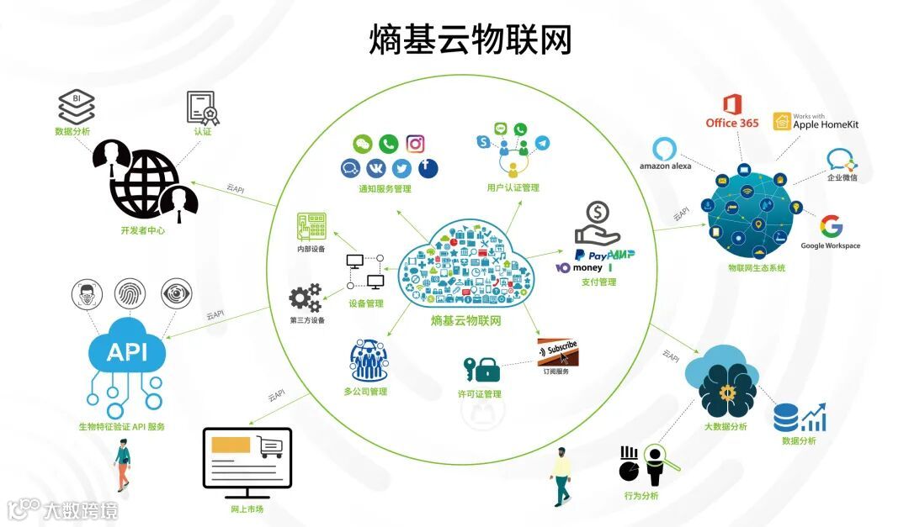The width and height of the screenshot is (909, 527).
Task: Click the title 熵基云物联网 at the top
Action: click(470, 40)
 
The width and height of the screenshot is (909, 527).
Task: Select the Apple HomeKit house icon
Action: click(782, 122)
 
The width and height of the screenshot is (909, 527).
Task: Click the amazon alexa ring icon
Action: click(665, 148)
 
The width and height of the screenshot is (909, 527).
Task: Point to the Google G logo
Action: click(831, 227)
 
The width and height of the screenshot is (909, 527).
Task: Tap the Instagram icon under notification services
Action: click(415, 144)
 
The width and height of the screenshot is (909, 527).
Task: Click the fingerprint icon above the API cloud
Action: click(130, 292)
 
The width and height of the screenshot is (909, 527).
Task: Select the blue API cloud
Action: click(127, 350)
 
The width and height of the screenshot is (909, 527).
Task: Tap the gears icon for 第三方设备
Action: click(305, 298)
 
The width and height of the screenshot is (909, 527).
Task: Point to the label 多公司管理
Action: click(364, 392)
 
